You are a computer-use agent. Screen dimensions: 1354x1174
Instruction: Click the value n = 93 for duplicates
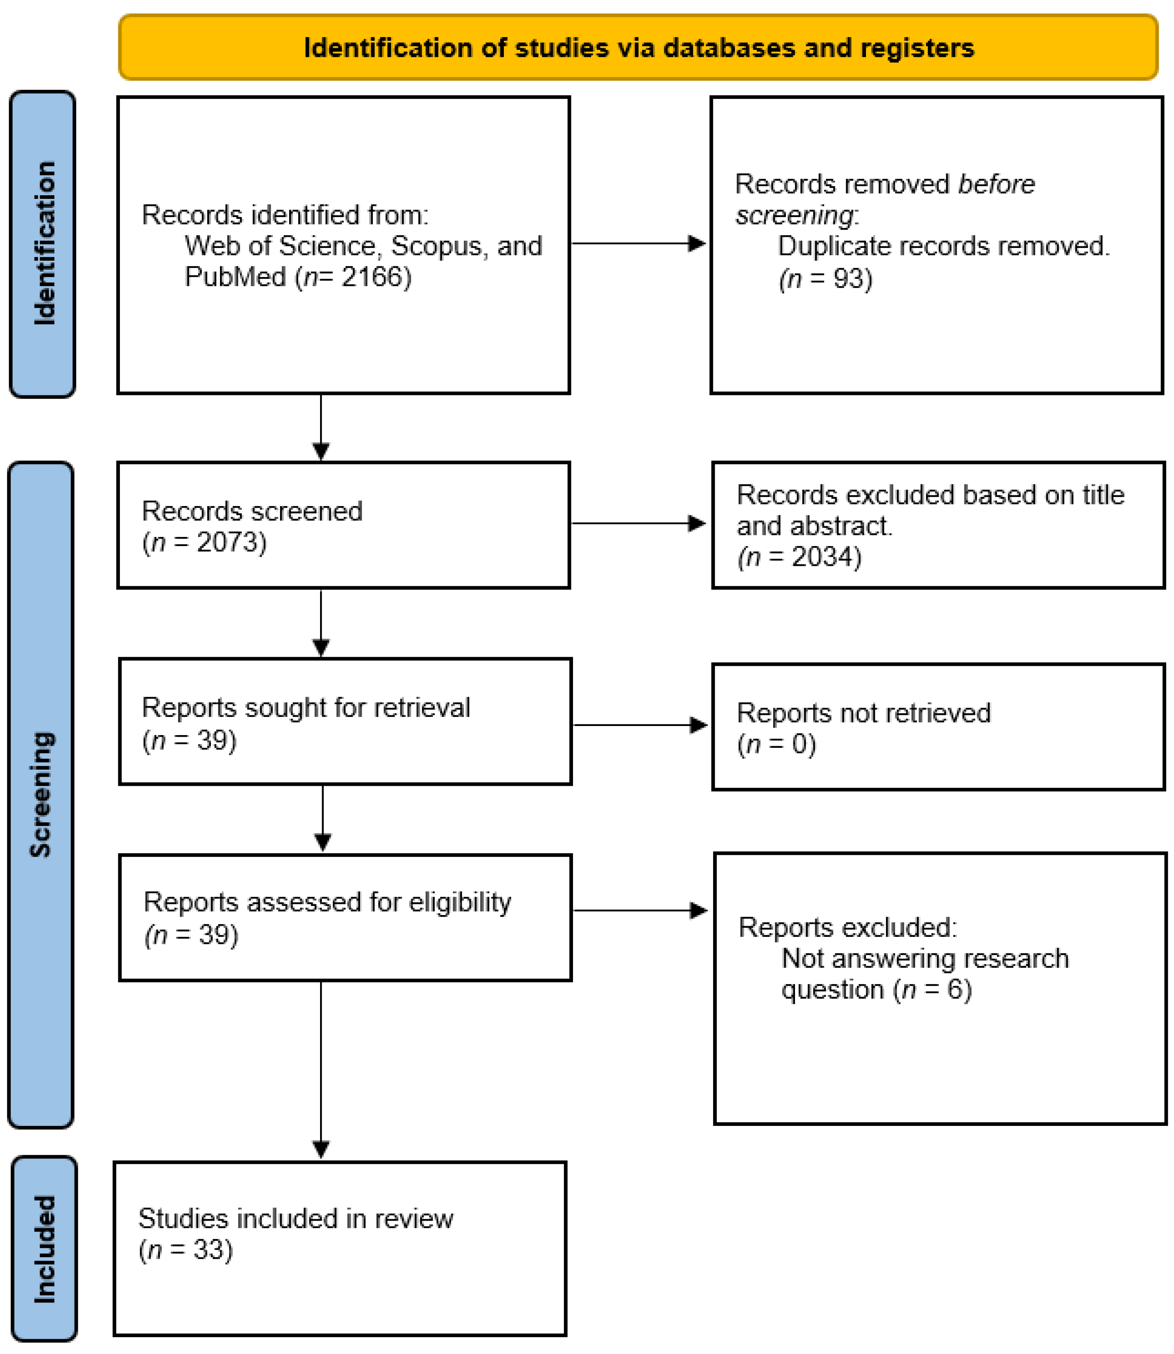[x=826, y=279]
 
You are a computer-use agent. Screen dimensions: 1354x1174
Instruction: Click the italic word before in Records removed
[x=996, y=184]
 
